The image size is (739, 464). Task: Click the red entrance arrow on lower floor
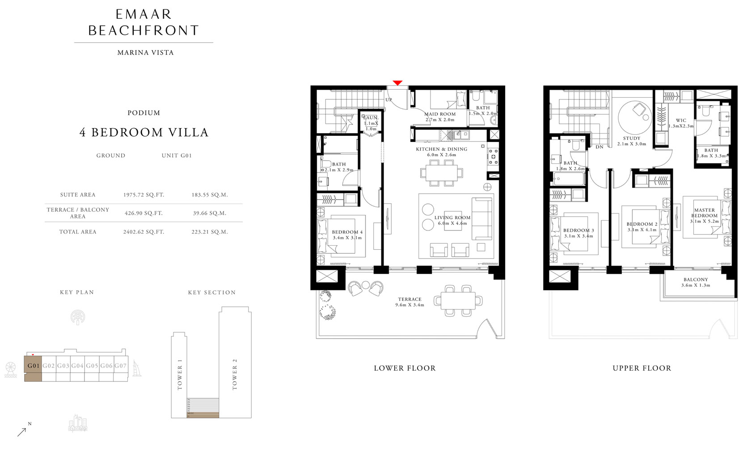pos(397,83)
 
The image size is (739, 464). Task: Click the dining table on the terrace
pos(458,300)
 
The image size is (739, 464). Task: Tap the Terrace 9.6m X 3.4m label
pos(410,302)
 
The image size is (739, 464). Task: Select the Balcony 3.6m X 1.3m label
pos(695,282)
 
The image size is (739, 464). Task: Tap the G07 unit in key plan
pos(120,366)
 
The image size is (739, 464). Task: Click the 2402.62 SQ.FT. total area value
pos(144,232)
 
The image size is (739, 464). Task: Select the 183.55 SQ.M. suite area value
pos(210,195)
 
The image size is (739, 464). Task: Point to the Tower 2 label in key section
pos(235,374)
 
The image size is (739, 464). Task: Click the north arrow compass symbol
pos(22,431)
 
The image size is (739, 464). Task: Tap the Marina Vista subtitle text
pos(145,52)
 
